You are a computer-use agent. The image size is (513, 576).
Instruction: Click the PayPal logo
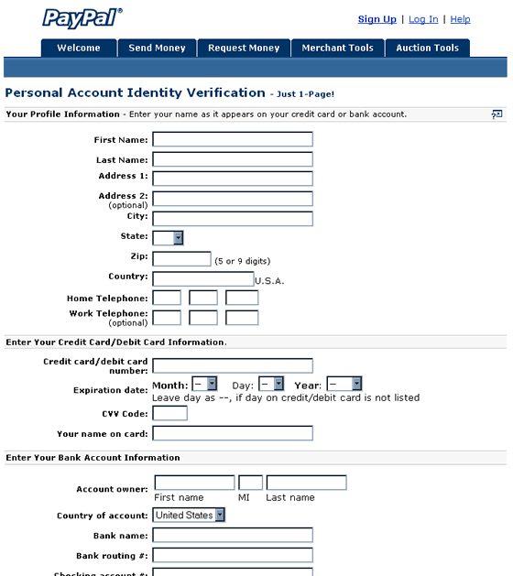(82, 17)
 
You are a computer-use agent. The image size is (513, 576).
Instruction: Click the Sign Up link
(377, 19)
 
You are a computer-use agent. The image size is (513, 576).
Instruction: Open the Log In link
(423, 19)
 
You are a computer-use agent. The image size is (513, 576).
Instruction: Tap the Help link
(460, 19)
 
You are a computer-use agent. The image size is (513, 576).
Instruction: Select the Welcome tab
(79, 48)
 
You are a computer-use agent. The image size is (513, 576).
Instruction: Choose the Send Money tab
(157, 48)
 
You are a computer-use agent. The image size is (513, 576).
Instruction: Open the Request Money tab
(244, 48)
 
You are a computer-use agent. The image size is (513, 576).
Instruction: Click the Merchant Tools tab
(337, 48)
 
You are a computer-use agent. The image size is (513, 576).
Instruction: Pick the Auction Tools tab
(427, 48)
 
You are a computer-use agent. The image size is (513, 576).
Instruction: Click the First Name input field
(233, 139)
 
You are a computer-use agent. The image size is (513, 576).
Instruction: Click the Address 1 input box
(233, 179)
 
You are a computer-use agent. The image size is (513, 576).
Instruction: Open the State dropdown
(168, 238)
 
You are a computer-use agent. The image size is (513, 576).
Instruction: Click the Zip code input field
(181, 259)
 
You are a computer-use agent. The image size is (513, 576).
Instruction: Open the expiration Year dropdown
(344, 385)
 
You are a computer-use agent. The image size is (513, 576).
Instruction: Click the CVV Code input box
(169, 413)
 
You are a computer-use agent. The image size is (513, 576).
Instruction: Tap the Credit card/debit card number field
(233, 365)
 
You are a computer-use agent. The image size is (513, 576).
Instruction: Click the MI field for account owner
(250, 483)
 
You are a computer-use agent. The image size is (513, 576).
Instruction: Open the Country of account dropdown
(189, 516)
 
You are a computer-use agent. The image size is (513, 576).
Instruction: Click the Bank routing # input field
(233, 555)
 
